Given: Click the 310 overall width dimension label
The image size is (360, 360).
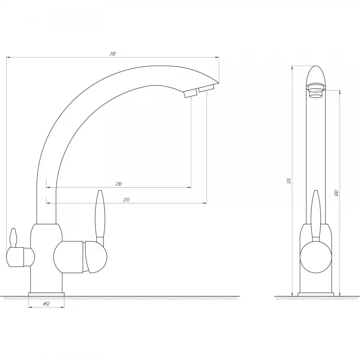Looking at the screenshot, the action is click(112, 54).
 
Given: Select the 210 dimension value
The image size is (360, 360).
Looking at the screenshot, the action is click(118, 184).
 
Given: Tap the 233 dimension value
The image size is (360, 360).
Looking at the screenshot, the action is click(126, 200).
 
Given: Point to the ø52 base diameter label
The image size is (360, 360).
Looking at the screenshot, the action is click(46, 304).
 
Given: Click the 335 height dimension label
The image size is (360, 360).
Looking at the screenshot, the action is click(289, 181).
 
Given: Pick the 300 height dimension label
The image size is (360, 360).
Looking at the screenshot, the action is click(337, 193).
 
